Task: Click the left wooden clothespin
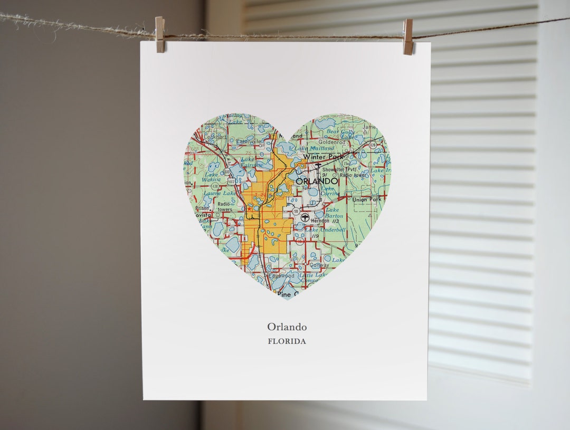point(160,34)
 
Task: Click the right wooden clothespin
point(408,36)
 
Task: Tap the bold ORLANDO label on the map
point(317,181)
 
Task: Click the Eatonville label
point(249,141)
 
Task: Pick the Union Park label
point(367,200)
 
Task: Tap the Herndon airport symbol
point(305,217)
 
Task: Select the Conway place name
point(319,265)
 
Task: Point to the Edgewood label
point(282,275)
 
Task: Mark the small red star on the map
point(249,208)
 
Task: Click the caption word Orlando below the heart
point(287,327)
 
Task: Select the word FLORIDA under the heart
point(287,341)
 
